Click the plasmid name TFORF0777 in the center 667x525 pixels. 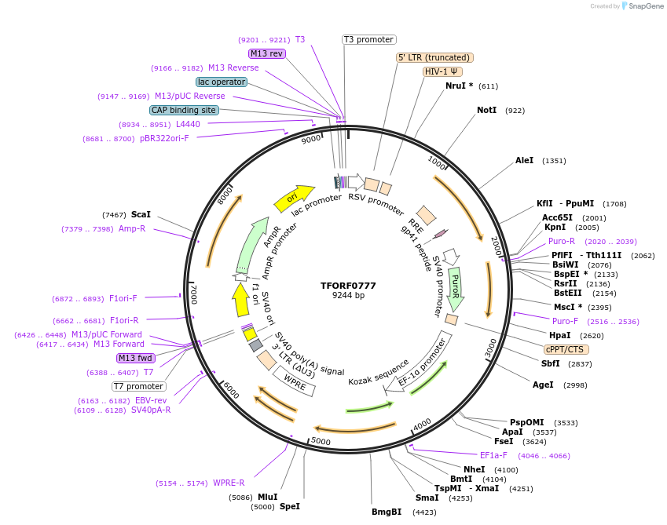(348, 285)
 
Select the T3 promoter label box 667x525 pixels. (369, 39)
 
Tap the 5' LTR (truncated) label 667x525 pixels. (434, 57)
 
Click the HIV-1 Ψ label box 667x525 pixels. (442, 71)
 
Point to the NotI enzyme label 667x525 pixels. (487, 111)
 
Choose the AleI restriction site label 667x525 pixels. (524, 161)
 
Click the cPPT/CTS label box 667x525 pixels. (566, 349)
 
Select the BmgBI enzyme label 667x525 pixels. (387, 512)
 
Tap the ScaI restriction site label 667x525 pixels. (141, 214)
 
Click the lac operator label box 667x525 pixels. (222, 82)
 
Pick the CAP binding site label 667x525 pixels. (184, 111)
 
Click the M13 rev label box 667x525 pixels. (266, 53)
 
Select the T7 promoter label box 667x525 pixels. (139, 386)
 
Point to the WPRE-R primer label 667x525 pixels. (229, 483)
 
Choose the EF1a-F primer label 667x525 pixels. (493, 455)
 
